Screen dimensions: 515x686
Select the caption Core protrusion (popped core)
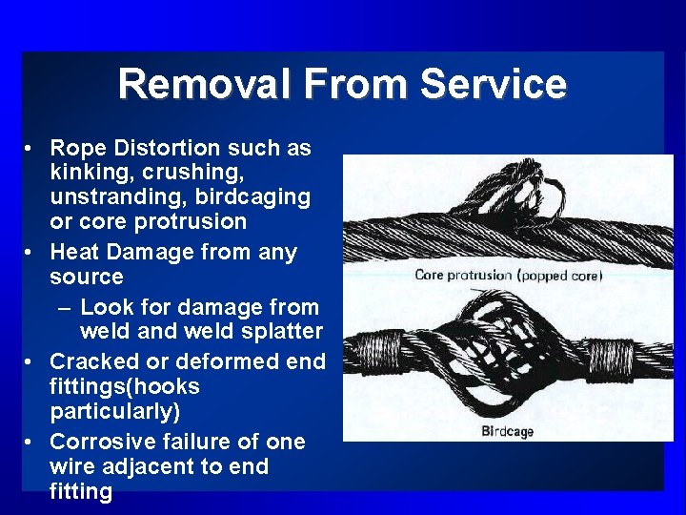509,276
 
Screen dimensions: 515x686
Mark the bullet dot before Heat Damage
32,254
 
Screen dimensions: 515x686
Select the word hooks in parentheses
169,387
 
